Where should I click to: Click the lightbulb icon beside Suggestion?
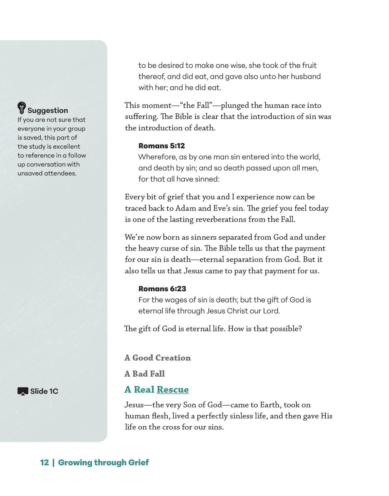coord(22,108)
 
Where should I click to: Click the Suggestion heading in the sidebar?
coord(48,110)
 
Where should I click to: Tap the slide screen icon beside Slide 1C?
coord(23,391)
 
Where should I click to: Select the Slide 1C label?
coord(44,391)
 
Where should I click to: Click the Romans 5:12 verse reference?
coord(162,146)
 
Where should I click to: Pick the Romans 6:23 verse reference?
coord(162,289)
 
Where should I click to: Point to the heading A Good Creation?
coord(158,358)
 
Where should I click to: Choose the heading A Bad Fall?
coord(145,374)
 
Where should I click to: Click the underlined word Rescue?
coord(173,390)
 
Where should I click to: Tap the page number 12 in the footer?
coord(44,462)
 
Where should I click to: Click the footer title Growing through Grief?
coord(103,462)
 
